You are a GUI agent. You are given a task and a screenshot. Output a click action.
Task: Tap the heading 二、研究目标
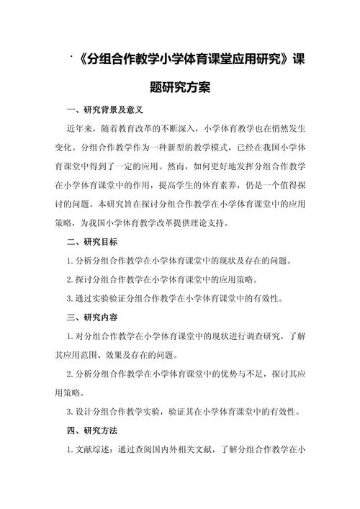(x=91, y=241)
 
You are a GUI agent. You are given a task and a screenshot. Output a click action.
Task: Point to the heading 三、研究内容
(x=91, y=316)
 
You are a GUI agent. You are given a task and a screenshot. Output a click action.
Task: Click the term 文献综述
(x=94, y=448)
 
